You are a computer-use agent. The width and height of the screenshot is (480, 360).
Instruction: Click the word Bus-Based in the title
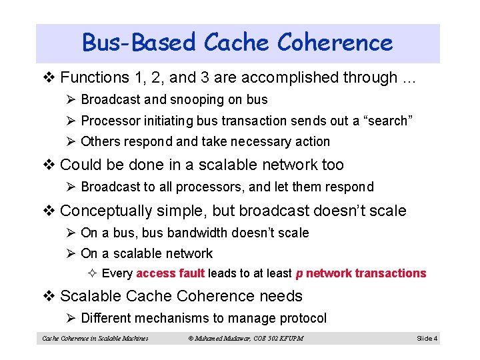[139, 43]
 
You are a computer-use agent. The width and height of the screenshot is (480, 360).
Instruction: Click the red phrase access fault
[171, 273]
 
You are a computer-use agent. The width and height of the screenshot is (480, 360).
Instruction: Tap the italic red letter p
[299, 273]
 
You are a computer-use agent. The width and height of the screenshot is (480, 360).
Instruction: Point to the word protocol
[303, 318]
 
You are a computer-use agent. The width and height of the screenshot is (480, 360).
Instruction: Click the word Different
[105, 318]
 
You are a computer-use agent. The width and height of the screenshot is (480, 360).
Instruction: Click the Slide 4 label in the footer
[427, 339]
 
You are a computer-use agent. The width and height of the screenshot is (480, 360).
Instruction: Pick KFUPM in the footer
[290, 339]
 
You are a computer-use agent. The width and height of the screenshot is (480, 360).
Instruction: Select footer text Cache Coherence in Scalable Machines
[95, 339]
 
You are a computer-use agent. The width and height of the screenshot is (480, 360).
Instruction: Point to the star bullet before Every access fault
[93, 273]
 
